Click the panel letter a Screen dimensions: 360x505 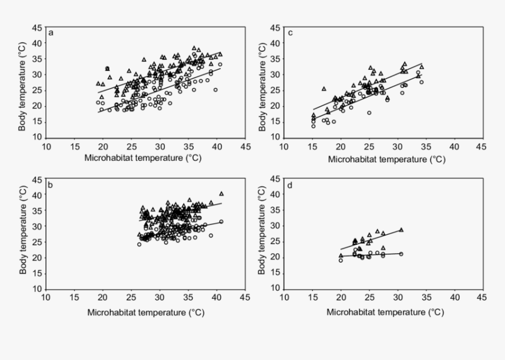point(51,33)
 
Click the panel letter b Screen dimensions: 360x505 point(51,185)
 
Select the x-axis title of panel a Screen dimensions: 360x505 point(146,159)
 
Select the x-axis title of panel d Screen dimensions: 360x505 point(385,312)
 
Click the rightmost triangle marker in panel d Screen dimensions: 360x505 point(402,230)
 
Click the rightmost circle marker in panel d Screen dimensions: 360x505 point(401,254)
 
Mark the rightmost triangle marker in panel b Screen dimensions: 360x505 point(221,193)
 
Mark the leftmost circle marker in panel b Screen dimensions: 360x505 point(139,244)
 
